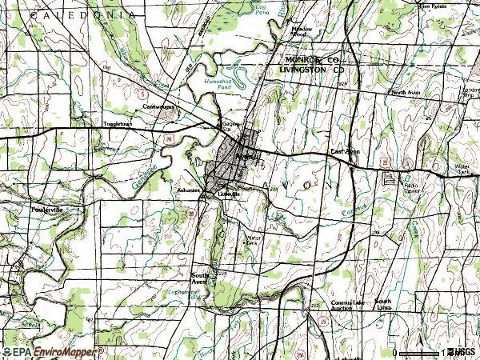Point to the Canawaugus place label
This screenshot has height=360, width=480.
[158, 106]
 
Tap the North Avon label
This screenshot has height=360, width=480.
[407, 93]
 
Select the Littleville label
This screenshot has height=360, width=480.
[229, 193]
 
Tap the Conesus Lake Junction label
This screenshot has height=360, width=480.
[343, 305]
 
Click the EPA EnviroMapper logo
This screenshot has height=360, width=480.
[52, 351]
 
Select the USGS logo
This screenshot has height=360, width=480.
[463, 351]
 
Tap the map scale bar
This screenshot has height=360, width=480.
[419, 352]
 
